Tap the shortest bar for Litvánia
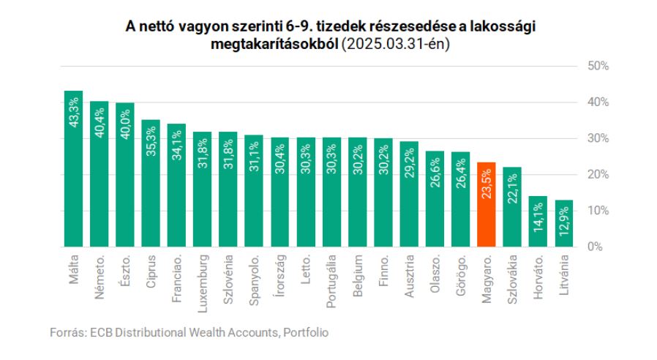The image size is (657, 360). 564,227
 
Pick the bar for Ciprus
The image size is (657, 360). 151,190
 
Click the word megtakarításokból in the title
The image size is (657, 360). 274,45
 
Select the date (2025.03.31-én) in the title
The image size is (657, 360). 396,45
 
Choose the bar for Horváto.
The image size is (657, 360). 538,223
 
